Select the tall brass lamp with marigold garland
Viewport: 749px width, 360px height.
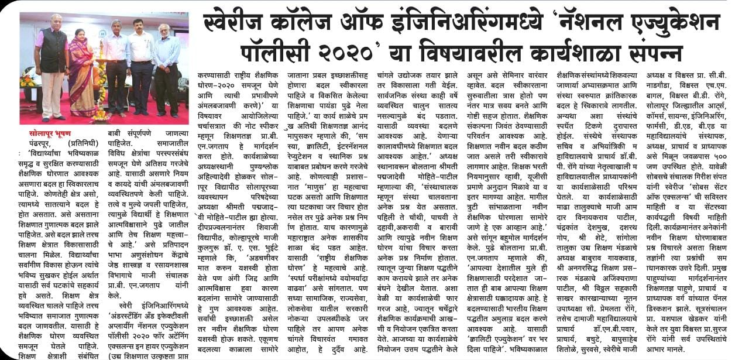click(x=101, y=88)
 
